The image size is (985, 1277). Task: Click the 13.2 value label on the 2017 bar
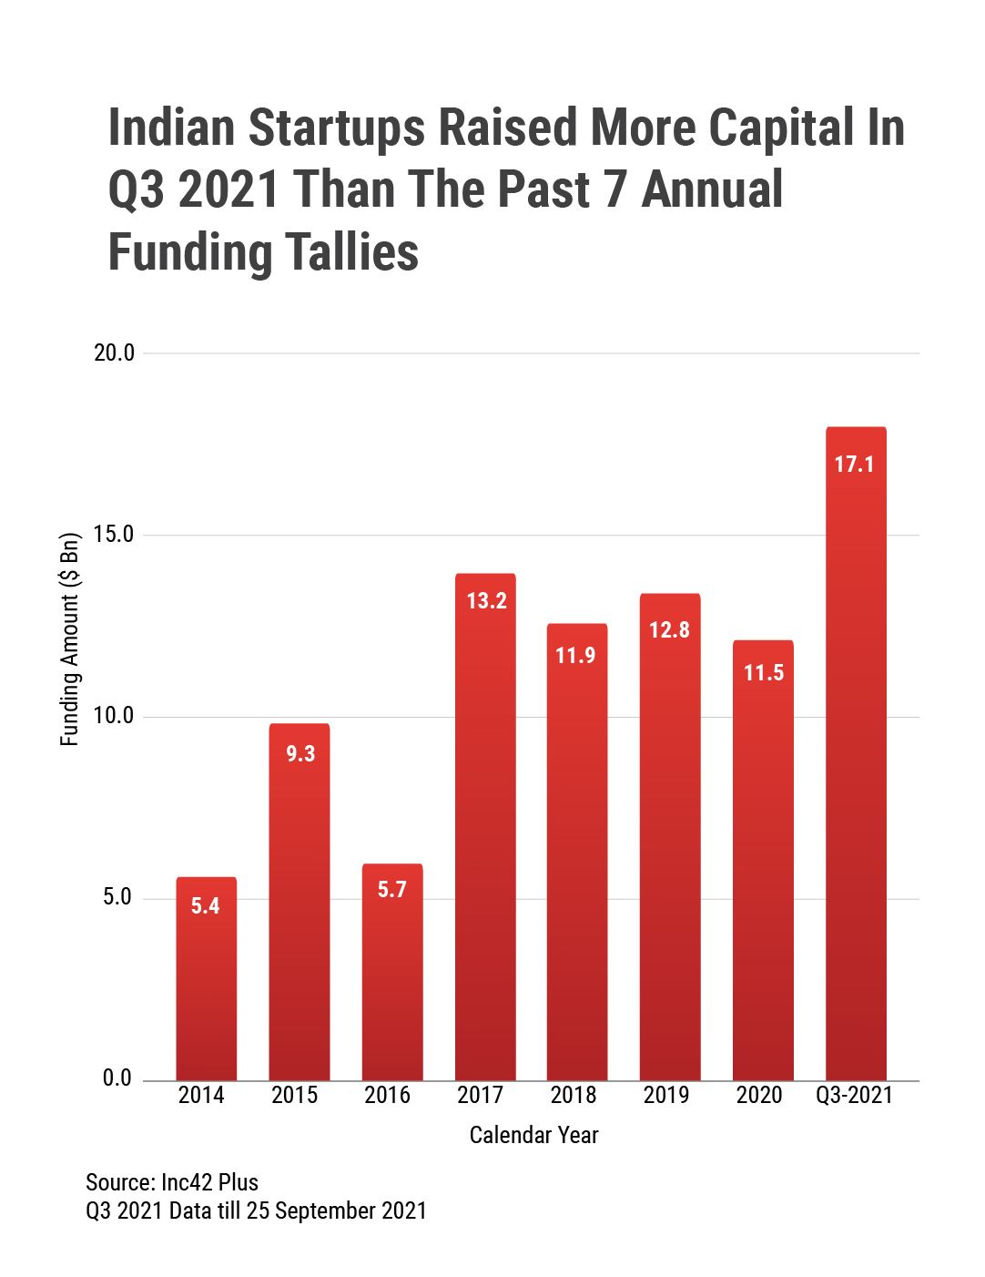coord(486,601)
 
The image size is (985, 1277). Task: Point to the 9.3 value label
coord(300,754)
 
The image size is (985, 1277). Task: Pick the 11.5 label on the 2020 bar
coord(764,673)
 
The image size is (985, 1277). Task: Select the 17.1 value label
coord(854,465)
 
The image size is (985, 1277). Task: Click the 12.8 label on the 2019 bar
coord(669,630)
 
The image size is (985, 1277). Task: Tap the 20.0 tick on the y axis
coord(114,353)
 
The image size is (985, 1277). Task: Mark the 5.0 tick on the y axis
coord(117,897)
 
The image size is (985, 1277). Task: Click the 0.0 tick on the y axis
coord(117,1078)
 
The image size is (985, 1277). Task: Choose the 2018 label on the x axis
coord(574,1095)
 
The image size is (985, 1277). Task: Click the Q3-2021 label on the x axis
coord(854,1095)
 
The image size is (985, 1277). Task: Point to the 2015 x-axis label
coord(294,1095)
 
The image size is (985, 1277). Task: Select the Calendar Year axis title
coord(533,1135)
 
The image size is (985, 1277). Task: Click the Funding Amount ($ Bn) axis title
coord(70,639)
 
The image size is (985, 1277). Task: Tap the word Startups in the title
coord(336,128)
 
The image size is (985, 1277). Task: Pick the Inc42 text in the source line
coord(187,1182)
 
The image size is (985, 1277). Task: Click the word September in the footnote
coord(325,1211)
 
